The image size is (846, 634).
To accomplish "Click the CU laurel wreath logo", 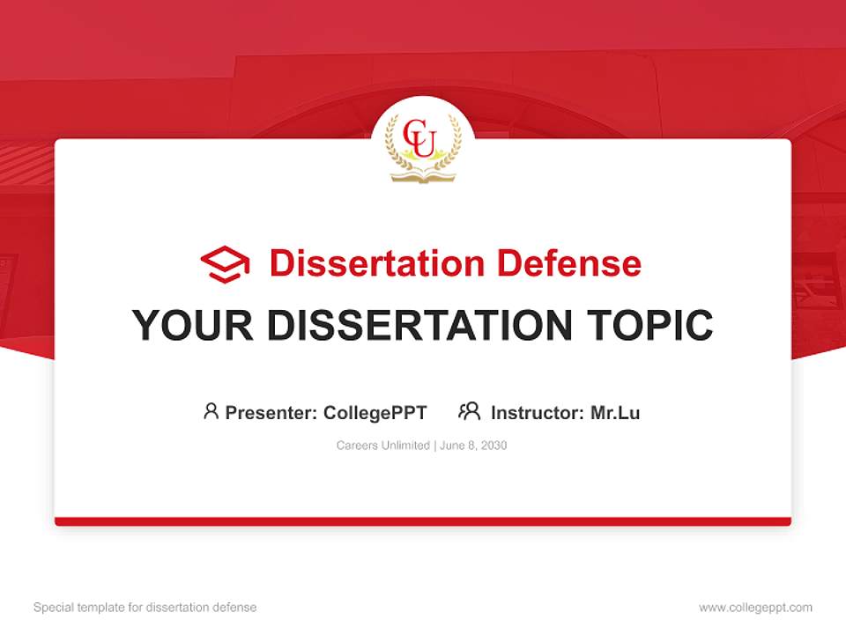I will click(x=423, y=145).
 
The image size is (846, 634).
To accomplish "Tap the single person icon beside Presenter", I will click(x=211, y=411).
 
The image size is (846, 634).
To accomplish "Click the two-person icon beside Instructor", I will click(x=469, y=411).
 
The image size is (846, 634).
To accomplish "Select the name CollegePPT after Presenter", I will click(x=375, y=412).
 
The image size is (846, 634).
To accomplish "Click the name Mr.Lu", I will click(x=615, y=412).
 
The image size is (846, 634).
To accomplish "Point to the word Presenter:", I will click(x=271, y=412).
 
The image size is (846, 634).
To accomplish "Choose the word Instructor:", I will click(x=537, y=412).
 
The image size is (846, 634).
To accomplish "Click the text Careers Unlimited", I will click(x=382, y=446).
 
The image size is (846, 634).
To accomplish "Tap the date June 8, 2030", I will click(x=473, y=446).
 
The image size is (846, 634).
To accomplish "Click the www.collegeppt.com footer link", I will click(x=755, y=608).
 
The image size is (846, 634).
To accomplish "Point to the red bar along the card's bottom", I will click(x=423, y=521).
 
